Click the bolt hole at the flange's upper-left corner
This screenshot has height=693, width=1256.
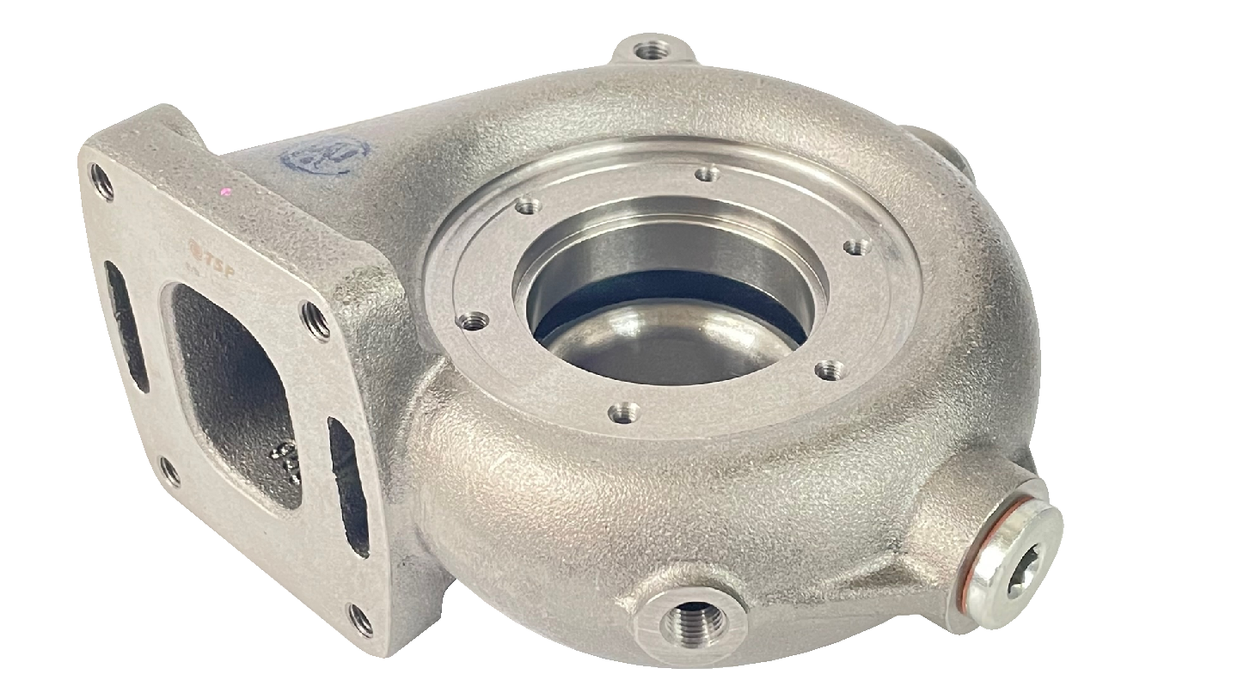101,181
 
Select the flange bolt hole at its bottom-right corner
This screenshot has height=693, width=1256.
361,619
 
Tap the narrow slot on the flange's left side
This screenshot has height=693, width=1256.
126,326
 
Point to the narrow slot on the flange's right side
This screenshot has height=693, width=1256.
347,486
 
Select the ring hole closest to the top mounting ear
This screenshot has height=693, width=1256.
707,175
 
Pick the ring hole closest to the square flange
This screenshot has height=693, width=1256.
473,322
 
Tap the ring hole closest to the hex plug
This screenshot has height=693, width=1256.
828,371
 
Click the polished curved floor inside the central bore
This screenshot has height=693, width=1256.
662,344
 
